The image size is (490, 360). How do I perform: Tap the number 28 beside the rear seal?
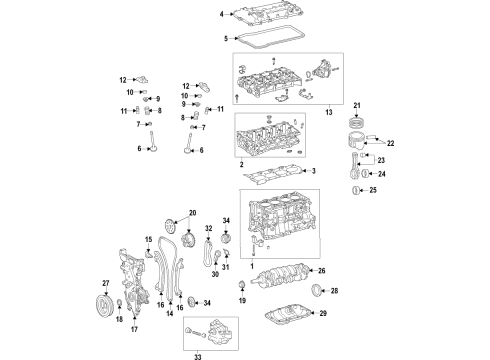click(x=334, y=291)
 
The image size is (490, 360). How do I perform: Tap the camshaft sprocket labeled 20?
click(x=172, y=222)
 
